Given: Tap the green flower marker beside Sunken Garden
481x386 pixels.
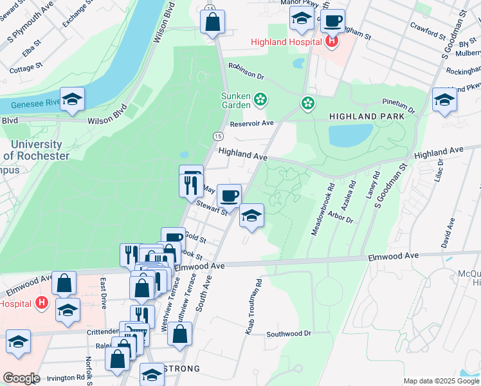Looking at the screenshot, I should point(260,99).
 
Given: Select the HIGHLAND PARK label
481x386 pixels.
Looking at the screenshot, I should point(367,116).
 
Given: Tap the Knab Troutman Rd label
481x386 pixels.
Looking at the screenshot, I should point(253,306).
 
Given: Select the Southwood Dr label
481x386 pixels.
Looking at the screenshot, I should point(289,334).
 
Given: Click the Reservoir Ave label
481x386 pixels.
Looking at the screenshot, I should point(252,123).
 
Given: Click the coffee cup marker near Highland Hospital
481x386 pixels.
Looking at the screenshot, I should point(332,21).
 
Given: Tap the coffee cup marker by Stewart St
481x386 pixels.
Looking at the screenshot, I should point(229,195).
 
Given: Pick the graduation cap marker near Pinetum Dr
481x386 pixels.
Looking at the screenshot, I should point(444,100).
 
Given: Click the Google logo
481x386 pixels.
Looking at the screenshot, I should point(21,378).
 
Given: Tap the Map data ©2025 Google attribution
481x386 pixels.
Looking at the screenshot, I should point(440,381).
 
